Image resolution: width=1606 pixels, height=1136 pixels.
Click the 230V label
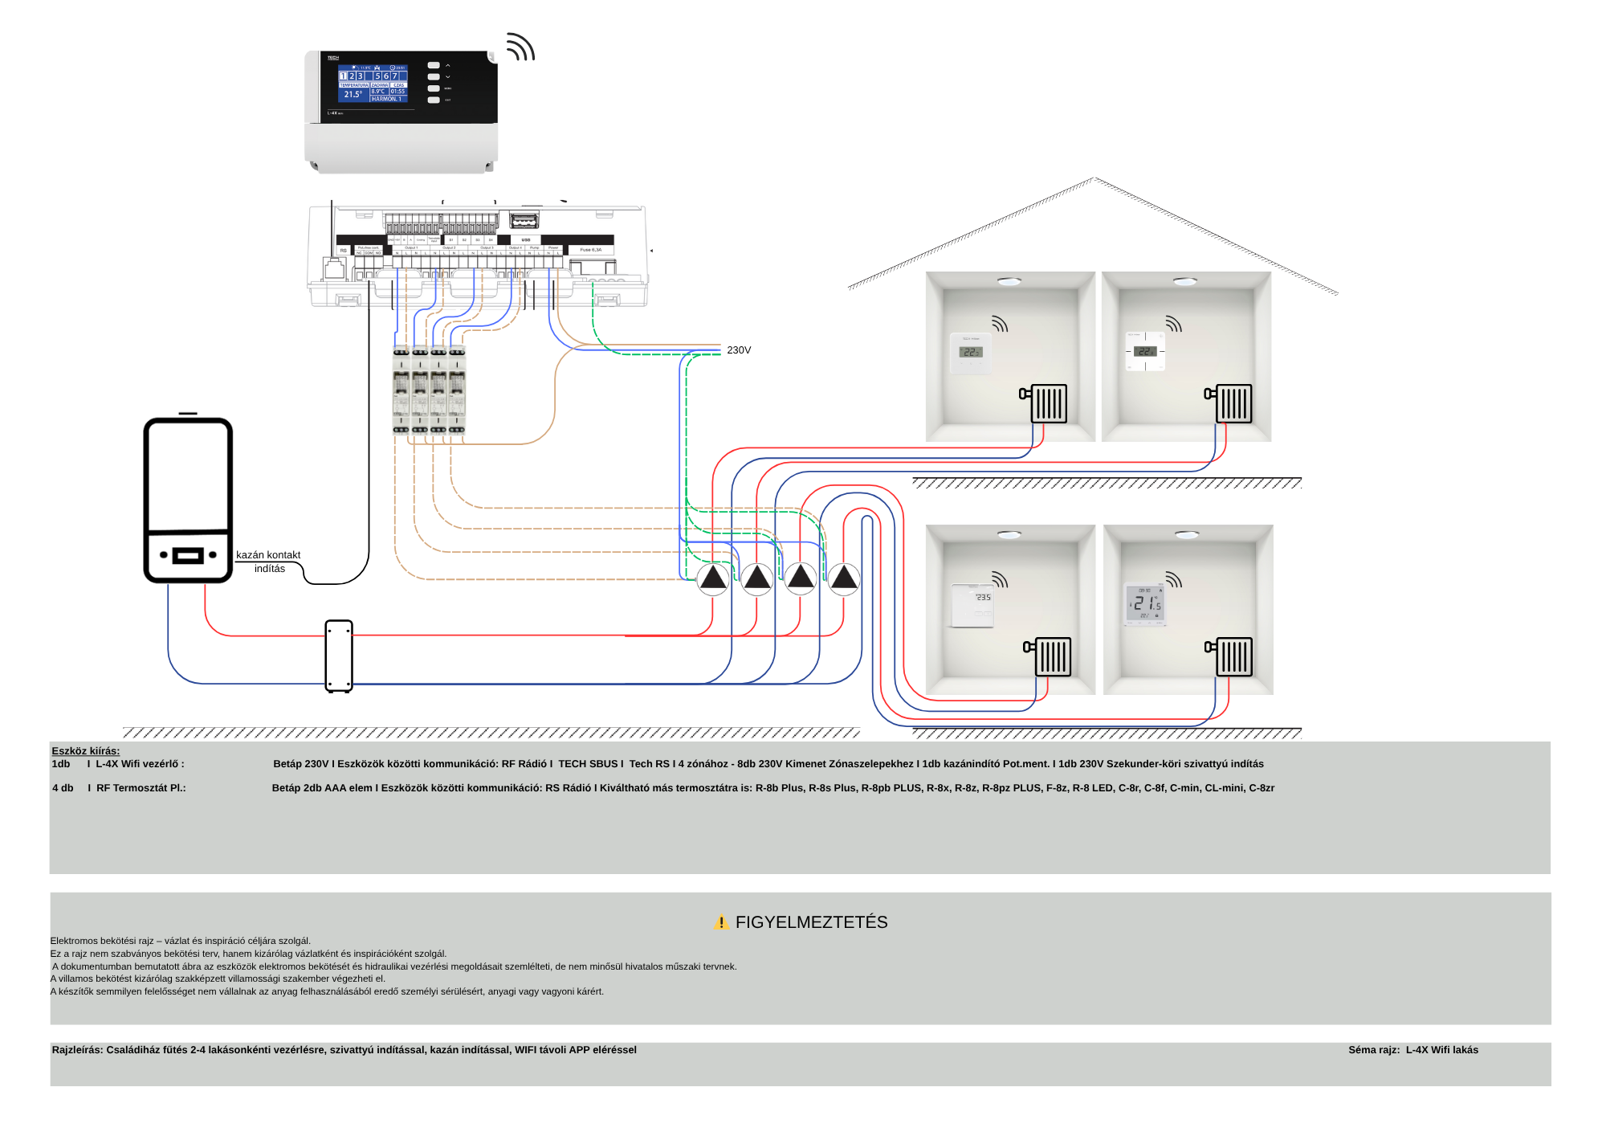pos(738,350)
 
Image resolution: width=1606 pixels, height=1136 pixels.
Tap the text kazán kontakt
pos(267,555)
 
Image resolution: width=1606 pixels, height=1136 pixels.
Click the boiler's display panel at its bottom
pos(188,555)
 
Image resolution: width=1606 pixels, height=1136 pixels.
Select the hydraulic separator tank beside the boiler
pos(339,656)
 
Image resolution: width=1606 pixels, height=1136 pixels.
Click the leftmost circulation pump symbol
pos(713,578)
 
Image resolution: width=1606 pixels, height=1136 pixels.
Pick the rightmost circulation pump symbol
pos(844,578)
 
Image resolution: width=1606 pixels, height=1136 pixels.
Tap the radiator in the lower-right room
pos(1233,656)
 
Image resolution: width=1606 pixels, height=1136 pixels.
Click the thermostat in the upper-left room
pos(971,353)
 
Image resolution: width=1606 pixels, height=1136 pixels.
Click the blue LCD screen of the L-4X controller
pos(373,84)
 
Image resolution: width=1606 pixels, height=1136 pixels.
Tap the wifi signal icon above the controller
pos(520,47)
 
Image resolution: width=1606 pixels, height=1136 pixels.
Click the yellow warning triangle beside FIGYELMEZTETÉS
pos(721,922)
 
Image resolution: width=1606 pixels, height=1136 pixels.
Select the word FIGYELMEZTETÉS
pos(811,922)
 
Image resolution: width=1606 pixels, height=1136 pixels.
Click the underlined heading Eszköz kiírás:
pos(85,751)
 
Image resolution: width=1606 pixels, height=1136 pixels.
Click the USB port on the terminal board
pos(524,220)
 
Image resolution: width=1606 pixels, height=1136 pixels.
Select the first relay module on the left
pos(401,391)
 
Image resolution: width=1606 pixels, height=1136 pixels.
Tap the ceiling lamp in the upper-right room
pos(1185,281)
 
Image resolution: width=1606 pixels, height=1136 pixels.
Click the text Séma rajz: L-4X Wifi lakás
pos(1412,1050)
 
